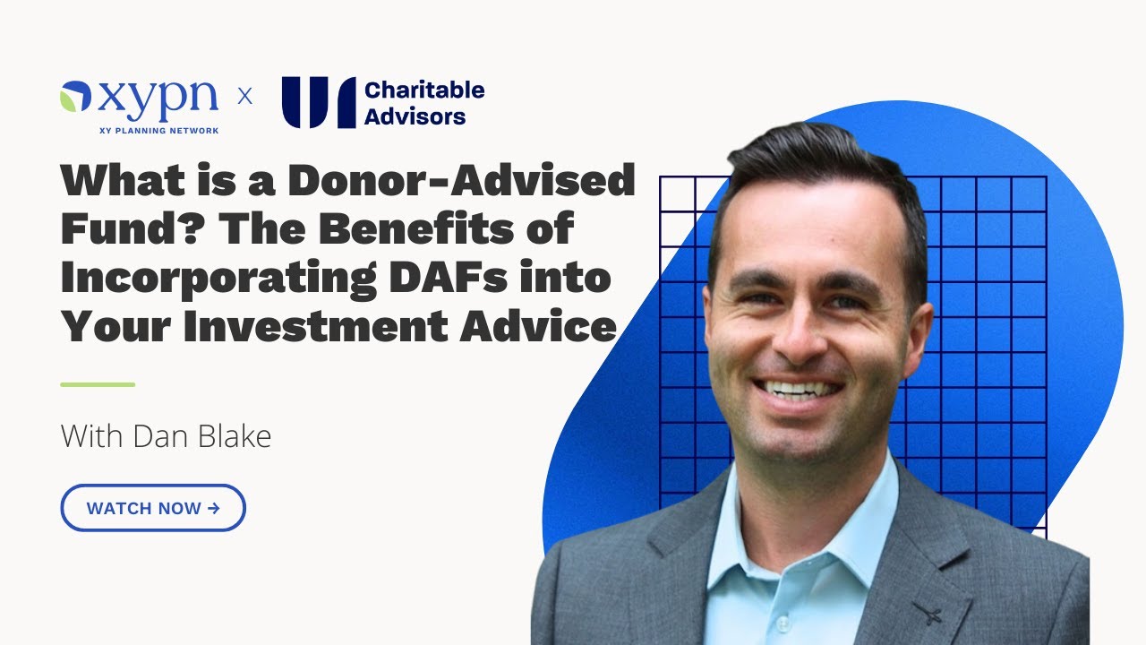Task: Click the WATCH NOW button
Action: coord(153,508)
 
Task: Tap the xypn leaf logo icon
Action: coord(75,97)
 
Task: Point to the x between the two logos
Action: coord(244,97)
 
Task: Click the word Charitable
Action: coord(424,90)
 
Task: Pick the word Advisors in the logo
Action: coord(415,116)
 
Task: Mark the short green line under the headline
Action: coord(98,384)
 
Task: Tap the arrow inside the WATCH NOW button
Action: coord(213,508)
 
